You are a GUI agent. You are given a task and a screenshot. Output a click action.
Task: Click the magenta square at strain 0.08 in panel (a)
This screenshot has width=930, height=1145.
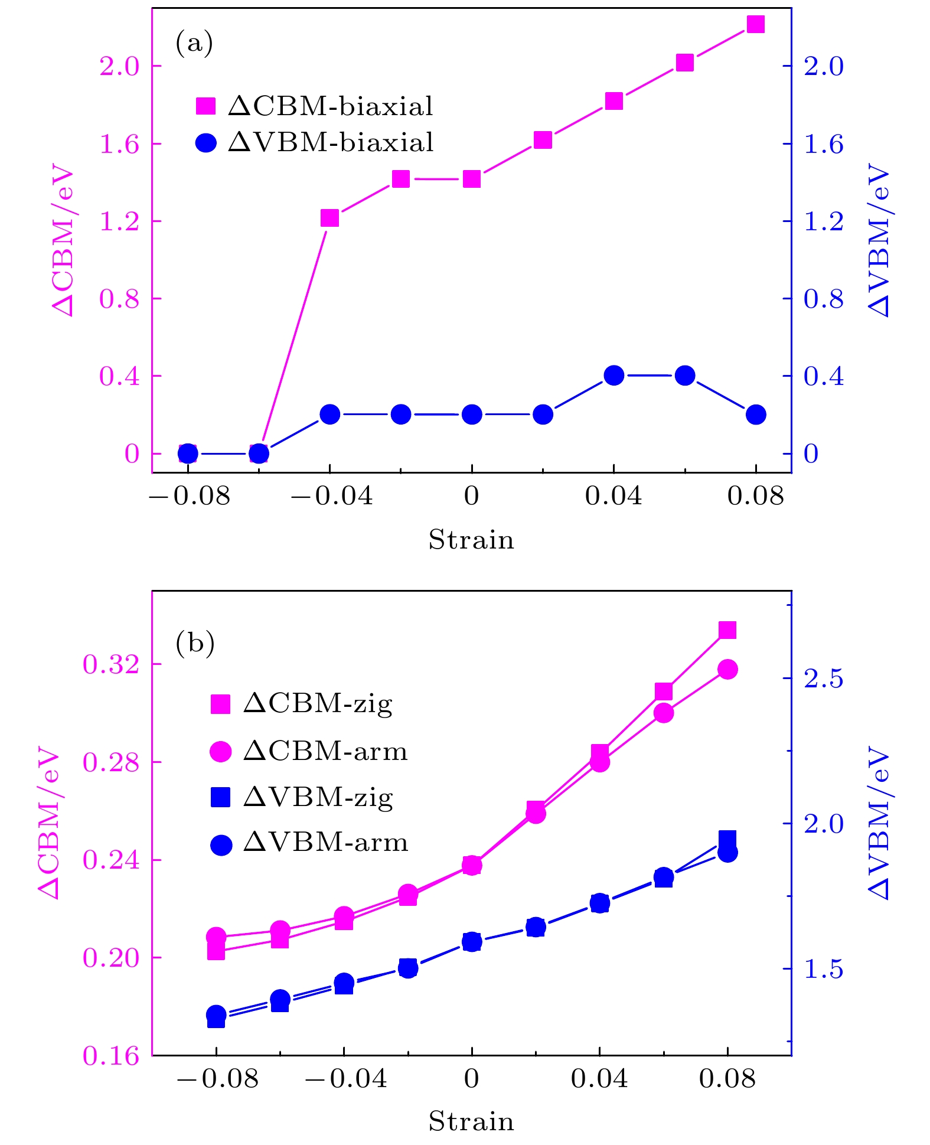coord(756,24)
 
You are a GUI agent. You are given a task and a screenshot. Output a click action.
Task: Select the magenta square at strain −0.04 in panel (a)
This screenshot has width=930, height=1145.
coord(329,218)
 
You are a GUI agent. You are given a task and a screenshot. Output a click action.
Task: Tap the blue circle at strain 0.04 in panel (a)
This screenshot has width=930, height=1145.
coord(614,376)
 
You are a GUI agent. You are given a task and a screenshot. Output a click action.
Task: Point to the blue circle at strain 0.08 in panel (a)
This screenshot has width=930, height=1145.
coord(756,415)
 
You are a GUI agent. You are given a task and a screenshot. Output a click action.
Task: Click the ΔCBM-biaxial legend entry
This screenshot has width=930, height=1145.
coord(315,106)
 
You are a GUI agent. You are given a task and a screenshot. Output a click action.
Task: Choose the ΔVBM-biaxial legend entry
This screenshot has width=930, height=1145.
coord(315,142)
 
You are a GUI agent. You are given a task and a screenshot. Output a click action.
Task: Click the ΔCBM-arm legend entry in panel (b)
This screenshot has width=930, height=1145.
coord(309,751)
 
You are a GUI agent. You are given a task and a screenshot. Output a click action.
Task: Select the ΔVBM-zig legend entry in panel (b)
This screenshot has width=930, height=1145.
coord(302,798)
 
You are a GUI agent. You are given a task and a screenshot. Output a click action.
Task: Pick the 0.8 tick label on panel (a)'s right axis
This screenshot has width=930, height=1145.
coord(824,299)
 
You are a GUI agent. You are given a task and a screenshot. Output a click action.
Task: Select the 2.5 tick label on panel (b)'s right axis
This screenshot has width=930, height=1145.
coord(824,678)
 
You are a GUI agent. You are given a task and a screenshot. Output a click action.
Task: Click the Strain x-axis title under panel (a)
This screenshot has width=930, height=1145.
coord(471,540)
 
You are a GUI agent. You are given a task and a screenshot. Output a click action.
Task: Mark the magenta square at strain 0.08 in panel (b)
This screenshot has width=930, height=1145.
coord(727,630)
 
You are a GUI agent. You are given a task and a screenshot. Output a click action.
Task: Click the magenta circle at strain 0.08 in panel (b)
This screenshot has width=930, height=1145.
coord(727,669)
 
